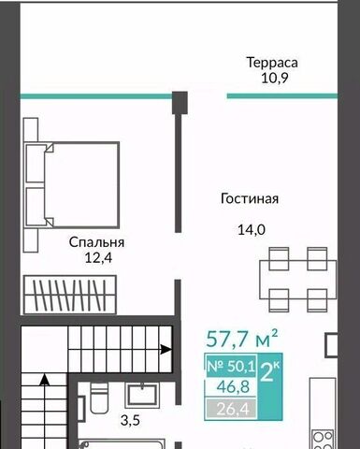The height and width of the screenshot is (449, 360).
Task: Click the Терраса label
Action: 272,63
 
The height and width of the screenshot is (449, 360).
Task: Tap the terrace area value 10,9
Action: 274,78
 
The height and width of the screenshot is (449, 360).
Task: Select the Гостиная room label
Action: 250,198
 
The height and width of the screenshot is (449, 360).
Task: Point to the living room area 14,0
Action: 252,230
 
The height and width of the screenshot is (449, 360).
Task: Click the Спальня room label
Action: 96,242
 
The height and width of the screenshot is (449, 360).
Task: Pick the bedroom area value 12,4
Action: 98,258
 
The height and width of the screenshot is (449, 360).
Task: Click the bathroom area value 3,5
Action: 130,421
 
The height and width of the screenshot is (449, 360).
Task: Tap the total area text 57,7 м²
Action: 242,339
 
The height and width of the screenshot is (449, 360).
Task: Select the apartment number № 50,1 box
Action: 231,366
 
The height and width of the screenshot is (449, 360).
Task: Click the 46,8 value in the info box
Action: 233,387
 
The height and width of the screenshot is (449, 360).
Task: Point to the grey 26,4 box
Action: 231,409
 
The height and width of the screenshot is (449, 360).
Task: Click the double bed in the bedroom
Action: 72,184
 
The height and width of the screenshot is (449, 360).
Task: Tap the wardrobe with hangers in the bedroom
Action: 70,295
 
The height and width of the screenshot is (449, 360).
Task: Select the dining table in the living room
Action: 298,280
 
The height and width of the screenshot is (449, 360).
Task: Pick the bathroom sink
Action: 141,395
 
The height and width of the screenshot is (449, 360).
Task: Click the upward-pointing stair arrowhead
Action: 46,380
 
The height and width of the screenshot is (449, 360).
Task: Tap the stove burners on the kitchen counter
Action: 323,441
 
